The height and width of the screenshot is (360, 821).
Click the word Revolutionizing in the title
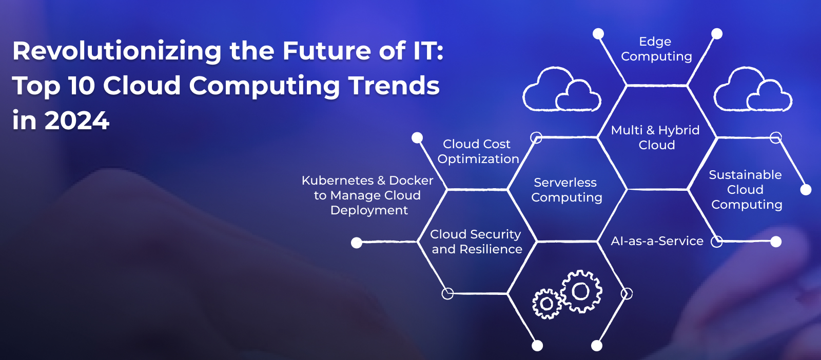pyautogui.click(x=117, y=51)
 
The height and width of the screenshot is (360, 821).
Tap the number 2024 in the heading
pyautogui.click(x=77, y=121)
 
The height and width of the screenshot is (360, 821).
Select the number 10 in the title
pyautogui.click(x=82, y=86)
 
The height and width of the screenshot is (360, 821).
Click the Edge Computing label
pyautogui.click(x=656, y=49)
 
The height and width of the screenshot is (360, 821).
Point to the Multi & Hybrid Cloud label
pyautogui.click(x=655, y=137)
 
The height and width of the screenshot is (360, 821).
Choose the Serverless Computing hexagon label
pyautogui.click(x=566, y=190)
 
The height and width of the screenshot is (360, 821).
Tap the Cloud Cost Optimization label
pyautogui.click(x=478, y=151)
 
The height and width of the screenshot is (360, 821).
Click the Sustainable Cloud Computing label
pyautogui.click(x=746, y=189)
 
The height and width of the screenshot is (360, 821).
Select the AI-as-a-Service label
pyautogui.click(x=657, y=241)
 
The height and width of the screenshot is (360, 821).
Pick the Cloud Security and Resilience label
pyautogui.click(x=476, y=242)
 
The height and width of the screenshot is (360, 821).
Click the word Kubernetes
pyautogui.click(x=338, y=180)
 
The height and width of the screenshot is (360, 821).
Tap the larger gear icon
pyautogui.click(x=581, y=291)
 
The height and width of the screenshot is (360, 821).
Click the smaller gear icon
pyautogui.click(x=547, y=304)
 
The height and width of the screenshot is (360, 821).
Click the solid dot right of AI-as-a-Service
pyautogui.click(x=776, y=242)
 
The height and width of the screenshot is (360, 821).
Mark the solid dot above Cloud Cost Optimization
pyautogui.click(x=417, y=138)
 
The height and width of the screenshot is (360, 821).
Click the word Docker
pyautogui.click(x=411, y=180)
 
